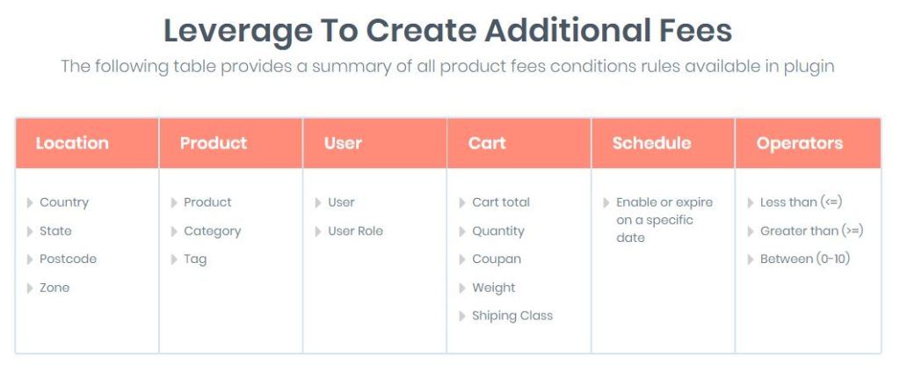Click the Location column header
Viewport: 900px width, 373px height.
(72, 143)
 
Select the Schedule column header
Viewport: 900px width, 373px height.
(651, 143)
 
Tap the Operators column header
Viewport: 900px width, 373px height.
(800, 143)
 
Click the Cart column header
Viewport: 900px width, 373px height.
(487, 143)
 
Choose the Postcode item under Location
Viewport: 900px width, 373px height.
(68, 260)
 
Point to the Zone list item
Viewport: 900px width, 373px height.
(54, 288)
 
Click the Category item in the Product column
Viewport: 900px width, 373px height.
(213, 231)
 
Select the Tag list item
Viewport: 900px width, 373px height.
(195, 260)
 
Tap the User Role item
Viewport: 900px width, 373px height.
(355, 231)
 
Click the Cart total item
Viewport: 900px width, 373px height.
(501, 202)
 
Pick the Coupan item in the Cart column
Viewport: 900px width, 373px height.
(497, 260)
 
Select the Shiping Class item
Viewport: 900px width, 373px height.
(512, 316)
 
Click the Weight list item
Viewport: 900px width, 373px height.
(494, 288)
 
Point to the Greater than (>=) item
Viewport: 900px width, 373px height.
(811, 231)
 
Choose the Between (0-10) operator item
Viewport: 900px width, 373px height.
(805, 260)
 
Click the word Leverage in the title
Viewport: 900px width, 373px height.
(237, 32)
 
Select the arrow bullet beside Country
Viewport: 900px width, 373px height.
(30, 203)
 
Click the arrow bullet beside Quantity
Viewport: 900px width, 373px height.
(462, 231)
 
